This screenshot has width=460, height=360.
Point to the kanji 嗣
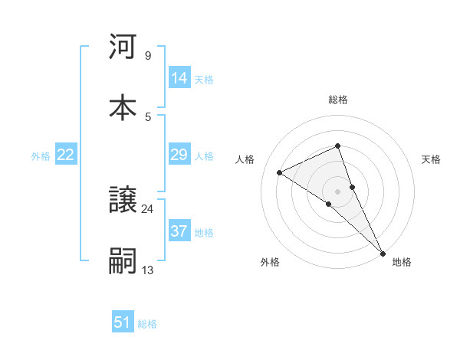tap(123, 260)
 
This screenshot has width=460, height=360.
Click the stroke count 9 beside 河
tap(147, 56)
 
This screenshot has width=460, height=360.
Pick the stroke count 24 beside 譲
tap(147, 208)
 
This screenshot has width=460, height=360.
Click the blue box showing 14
tap(179, 78)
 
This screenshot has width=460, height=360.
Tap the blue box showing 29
tap(179, 155)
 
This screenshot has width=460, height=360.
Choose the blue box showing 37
tap(179, 231)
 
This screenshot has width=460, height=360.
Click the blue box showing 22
tap(66, 155)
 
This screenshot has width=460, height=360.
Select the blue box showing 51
tap(123, 322)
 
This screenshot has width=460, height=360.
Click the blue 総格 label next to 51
tap(147, 324)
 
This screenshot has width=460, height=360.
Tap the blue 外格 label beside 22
tap(41, 156)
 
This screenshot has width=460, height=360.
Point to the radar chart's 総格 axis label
tap(338, 100)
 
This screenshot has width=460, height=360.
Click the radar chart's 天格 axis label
tap(432, 159)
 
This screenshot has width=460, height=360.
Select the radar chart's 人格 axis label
tap(245, 159)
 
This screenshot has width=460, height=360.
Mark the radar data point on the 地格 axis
tap(383, 252)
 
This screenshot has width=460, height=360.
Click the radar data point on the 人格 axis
tap(280, 172)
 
